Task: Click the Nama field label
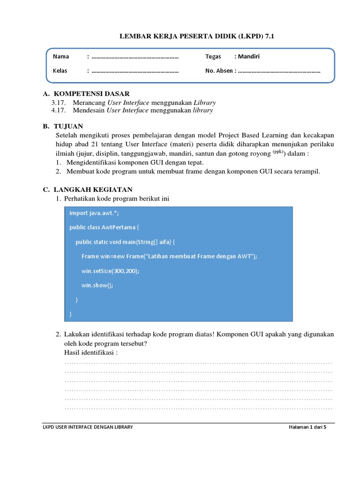61,57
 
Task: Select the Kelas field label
60,71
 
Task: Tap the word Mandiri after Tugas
249,57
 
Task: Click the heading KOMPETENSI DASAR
91,94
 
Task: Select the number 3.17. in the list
60,102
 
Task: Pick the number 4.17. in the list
60,111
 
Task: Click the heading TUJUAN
68,127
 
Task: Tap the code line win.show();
97,285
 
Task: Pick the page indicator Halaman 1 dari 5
307,427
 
